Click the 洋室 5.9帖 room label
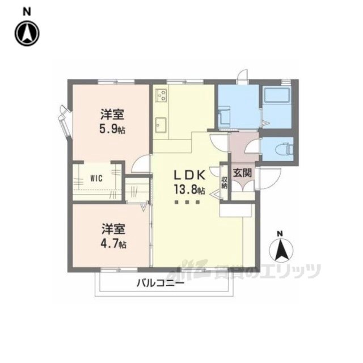(112, 122)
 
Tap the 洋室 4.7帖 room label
(113, 236)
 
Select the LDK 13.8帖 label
(189, 183)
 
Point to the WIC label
(96, 178)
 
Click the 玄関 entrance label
(242, 172)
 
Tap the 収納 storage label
(224, 183)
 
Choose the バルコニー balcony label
(161, 283)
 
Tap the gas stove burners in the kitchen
(162, 95)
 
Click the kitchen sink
(161, 125)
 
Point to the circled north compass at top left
(27, 33)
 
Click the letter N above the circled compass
(27, 12)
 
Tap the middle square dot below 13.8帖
(187, 202)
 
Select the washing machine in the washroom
(224, 116)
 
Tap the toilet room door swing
(252, 146)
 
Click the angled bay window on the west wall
(64, 121)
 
